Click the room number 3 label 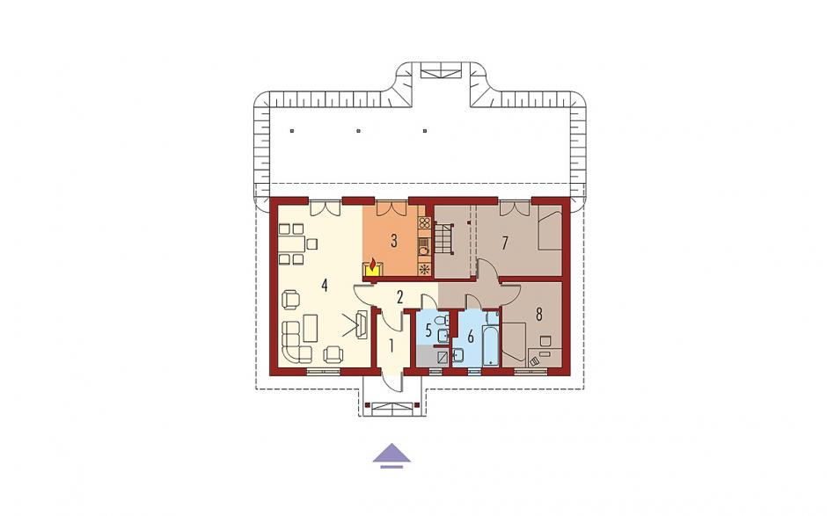[393, 242]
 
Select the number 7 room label [505, 243]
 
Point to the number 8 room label [538, 315]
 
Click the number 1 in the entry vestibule [392, 345]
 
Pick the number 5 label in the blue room [428, 331]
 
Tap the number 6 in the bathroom [471, 335]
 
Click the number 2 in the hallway [399, 297]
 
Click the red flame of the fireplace [373, 263]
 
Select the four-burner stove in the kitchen [425, 223]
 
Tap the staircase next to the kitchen [444, 239]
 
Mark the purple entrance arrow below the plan [392, 455]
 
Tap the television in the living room [362, 323]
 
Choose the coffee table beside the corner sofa [310, 328]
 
